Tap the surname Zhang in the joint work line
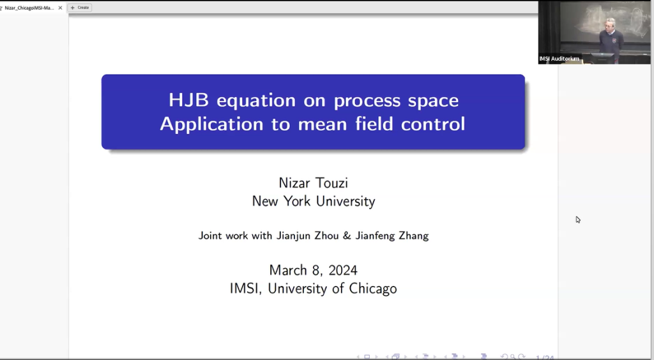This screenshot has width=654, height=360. click(413, 236)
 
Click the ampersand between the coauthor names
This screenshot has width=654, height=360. click(347, 236)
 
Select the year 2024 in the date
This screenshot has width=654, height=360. click(339, 269)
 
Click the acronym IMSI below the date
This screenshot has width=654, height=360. click(247, 289)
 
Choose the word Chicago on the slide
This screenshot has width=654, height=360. click(373, 289)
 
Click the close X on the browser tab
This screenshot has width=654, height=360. click(61, 8)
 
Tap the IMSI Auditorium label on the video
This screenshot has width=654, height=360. click(559, 59)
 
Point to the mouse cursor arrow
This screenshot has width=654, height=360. click(578, 220)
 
